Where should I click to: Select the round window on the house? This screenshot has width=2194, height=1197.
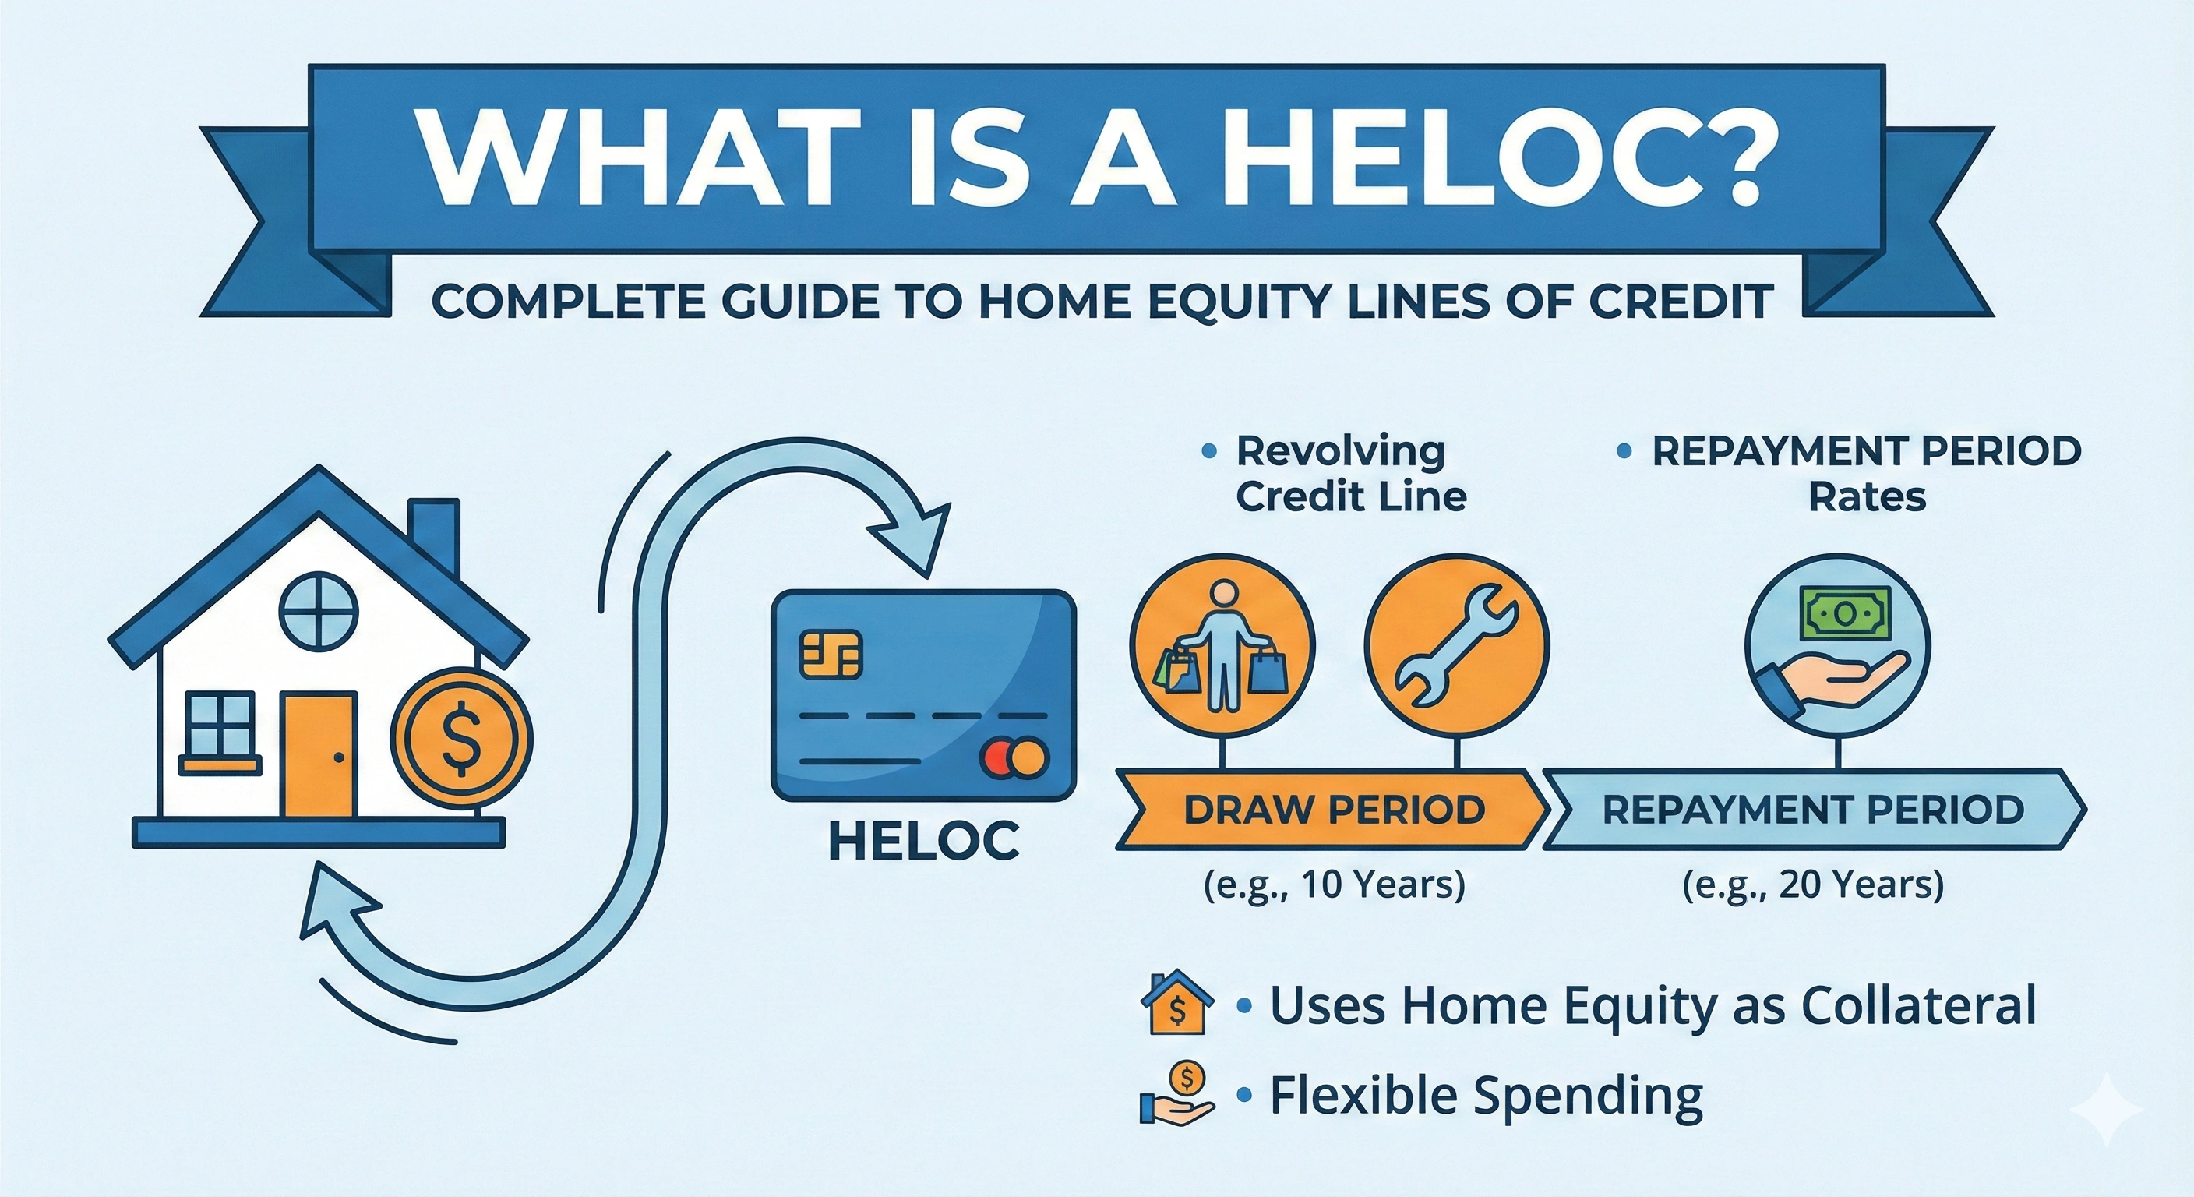(x=319, y=611)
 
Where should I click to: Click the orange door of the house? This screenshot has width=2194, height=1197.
(x=319, y=755)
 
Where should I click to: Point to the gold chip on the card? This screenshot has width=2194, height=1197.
(x=831, y=655)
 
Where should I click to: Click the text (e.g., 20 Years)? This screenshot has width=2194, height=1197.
(x=1813, y=885)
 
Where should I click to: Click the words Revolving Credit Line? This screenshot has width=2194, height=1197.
(x=1350, y=474)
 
